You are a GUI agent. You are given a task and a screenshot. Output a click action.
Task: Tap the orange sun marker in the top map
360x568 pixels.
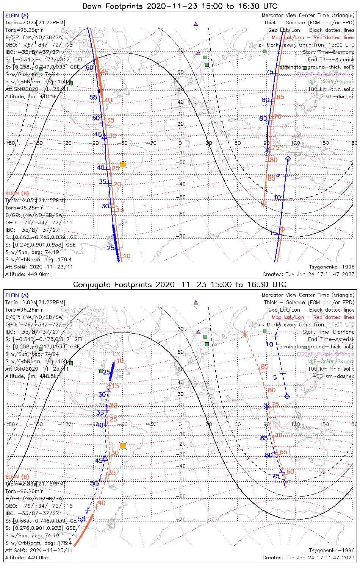(x=122, y=164)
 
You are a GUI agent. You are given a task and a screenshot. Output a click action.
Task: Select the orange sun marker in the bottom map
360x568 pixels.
(x=122, y=446)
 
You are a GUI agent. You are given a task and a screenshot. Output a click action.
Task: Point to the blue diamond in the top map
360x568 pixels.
(x=288, y=158)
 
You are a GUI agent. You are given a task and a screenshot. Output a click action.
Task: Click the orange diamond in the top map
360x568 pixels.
(x=282, y=229)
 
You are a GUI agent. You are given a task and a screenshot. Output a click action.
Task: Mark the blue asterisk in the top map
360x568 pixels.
(x=267, y=150)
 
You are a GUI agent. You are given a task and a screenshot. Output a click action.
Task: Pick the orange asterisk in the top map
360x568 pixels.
(x=263, y=204)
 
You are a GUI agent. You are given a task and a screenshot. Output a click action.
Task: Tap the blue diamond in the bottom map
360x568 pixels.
(x=287, y=396)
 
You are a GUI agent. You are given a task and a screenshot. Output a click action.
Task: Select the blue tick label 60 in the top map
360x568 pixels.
(x=89, y=68)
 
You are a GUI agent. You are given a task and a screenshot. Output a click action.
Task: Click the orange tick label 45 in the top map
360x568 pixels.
(x=104, y=72)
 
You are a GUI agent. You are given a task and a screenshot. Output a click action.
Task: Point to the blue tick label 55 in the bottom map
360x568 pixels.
(x=81, y=519)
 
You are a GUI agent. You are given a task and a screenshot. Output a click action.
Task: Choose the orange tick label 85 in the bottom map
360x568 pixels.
(x=265, y=366)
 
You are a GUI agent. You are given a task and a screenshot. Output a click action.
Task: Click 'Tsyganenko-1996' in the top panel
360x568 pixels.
(x=332, y=267)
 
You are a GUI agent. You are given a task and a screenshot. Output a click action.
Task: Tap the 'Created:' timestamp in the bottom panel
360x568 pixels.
(x=308, y=558)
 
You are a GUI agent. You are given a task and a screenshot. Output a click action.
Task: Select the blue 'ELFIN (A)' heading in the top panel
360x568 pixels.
(x=17, y=16)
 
